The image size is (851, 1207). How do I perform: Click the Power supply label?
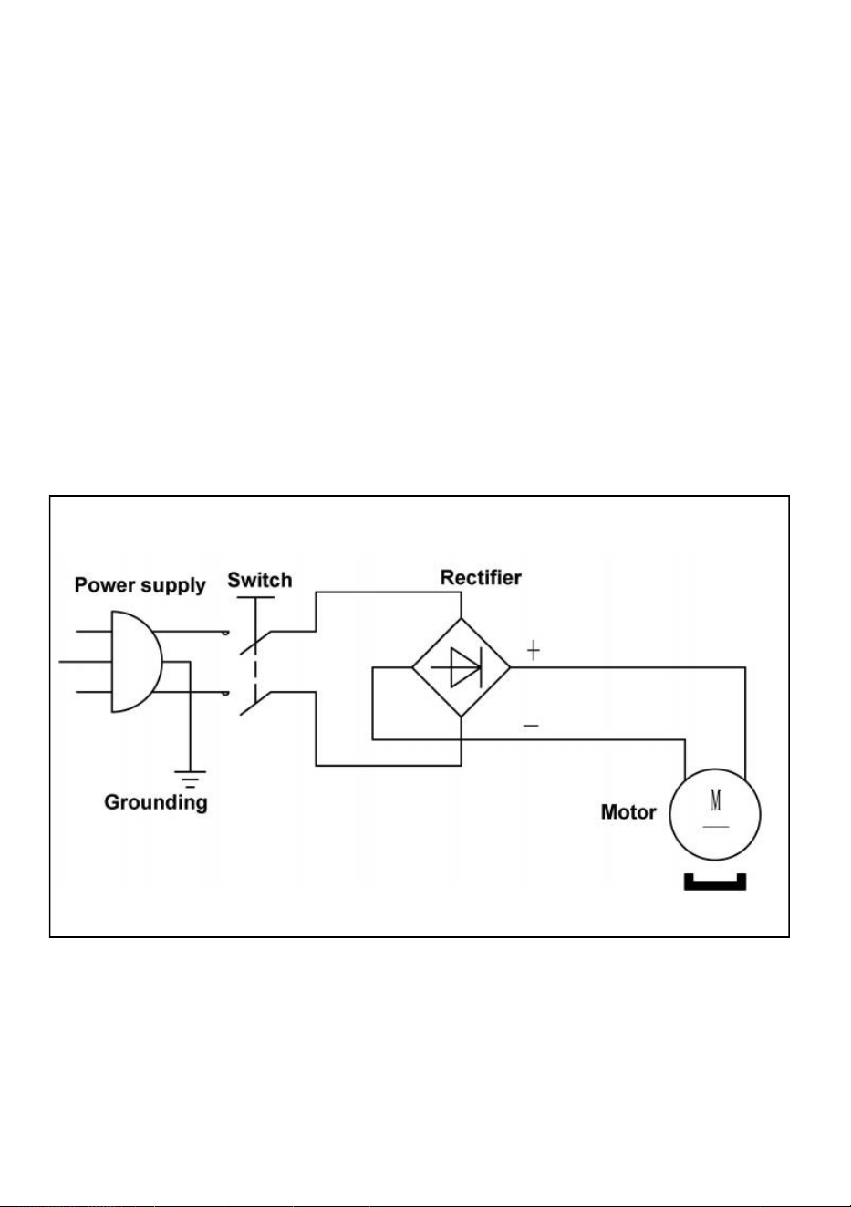140,585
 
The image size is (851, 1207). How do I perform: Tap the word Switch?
260,581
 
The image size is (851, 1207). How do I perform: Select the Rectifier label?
481,578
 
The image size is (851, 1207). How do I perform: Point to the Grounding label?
156,802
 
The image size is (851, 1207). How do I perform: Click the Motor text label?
628,812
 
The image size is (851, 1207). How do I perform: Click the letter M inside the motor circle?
716,800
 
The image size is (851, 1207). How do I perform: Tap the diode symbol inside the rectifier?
460,667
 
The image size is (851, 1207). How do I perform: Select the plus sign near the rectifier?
533,650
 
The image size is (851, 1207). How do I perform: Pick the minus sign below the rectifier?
531,726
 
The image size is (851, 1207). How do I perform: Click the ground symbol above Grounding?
190,779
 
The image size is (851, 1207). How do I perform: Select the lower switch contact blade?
255,703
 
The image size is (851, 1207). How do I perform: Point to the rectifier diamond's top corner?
462,619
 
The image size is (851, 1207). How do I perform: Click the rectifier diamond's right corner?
510,667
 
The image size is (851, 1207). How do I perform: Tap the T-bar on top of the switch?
255,597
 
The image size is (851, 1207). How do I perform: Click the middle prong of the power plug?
85,662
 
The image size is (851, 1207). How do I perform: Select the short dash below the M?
716,826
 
